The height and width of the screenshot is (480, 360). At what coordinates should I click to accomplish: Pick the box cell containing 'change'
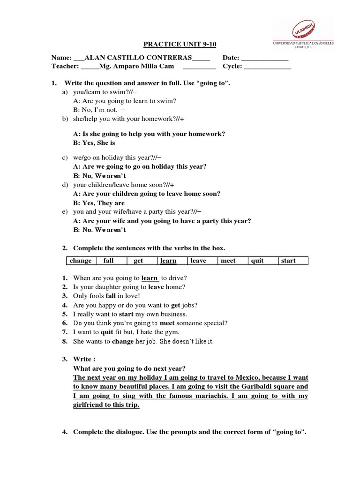81,261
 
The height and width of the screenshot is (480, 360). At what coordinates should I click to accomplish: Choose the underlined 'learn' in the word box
168,261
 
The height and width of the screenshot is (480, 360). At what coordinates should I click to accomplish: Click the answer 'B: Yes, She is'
94,142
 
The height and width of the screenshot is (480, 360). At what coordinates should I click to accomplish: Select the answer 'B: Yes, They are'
99,203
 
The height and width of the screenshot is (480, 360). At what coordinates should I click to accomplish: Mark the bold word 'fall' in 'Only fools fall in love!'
110,296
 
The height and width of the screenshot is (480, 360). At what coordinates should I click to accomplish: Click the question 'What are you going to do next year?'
129,368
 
